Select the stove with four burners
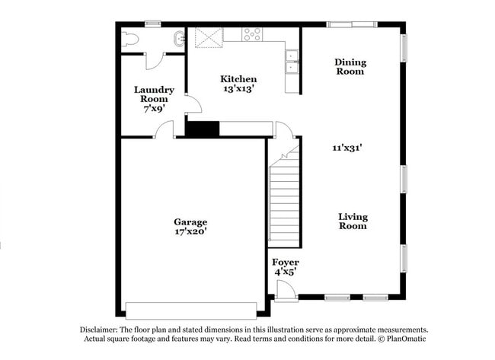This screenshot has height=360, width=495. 252,34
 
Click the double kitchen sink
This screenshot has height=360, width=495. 292,62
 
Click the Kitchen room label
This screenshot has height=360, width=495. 238,79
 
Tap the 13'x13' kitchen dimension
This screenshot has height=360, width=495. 238,89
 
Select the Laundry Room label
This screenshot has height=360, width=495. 154,94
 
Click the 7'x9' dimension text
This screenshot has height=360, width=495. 154,109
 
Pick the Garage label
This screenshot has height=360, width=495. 190,222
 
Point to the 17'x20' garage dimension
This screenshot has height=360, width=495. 190,232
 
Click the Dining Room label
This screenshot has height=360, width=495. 350,67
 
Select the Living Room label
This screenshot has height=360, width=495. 353,221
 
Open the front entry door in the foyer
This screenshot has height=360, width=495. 286,291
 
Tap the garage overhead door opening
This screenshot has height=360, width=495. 191,311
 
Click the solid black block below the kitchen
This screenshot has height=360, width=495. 203,129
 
